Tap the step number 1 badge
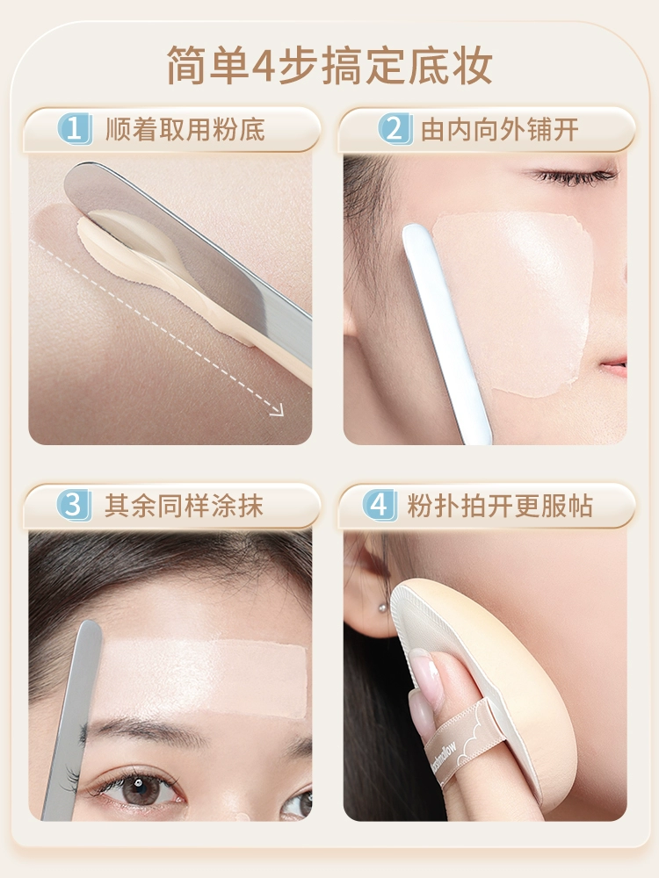point(75,129)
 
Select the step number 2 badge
point(395,129)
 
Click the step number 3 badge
point(75,505)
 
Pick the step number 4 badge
point(380,505)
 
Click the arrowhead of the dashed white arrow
point(277,410)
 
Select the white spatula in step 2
point(445,333)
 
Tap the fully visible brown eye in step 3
point(137,788)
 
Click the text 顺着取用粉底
point(185,129)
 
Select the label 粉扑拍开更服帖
point(500,506)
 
